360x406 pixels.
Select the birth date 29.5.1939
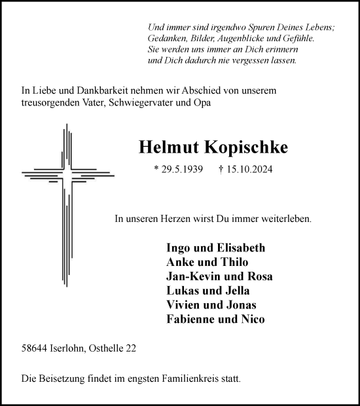point(181,169)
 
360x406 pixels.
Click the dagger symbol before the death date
point(221,169)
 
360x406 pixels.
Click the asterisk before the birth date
point(156,169)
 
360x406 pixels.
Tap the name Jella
point(236,291)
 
